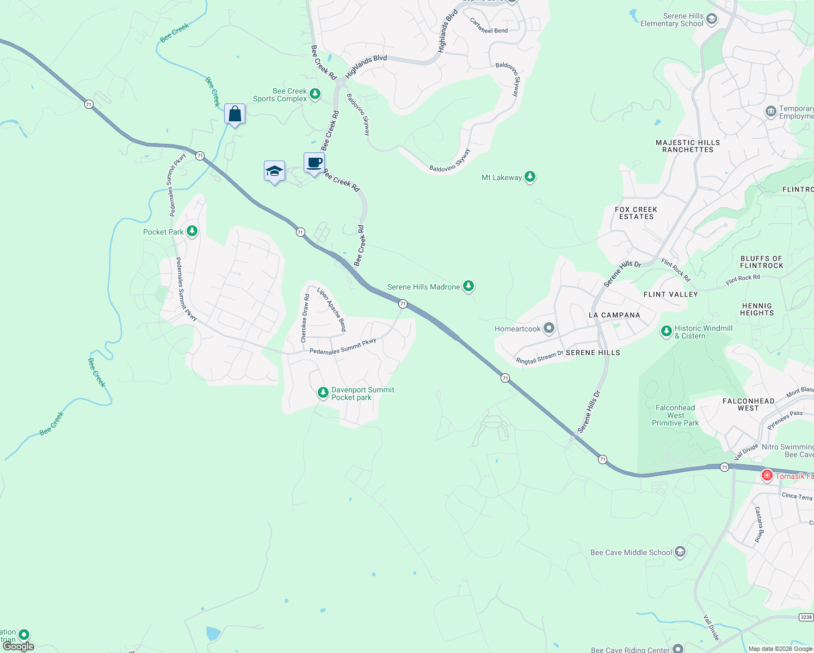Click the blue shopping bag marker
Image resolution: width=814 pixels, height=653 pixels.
[x=235, y=114]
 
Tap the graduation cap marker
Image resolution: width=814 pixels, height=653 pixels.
[x=274, y=171]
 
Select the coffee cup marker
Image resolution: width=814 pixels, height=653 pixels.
[x=314, y=163]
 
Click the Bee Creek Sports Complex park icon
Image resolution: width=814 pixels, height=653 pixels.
[x=314, y=95]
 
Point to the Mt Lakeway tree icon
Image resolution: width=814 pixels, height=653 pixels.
[x=529, y=177]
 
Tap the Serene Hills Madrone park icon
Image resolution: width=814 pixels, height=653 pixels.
[x=468, y=286]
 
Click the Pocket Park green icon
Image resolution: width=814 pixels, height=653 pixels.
[x=192, y=231]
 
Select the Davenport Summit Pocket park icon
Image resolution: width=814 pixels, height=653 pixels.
[x=323, y=392]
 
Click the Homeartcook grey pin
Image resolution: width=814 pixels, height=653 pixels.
[x=549, y=328]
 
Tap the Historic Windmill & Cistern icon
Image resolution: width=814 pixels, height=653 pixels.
[x=666, y=331]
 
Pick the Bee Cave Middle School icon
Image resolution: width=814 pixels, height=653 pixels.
[x=680, y=552]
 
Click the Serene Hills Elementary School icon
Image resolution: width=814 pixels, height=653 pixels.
[x=711, y=20]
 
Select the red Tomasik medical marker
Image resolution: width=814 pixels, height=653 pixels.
[x=767, y=476]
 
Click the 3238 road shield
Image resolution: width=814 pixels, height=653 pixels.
[x=806, y=617]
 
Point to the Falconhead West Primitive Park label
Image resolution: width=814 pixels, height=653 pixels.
[x=675, y=415]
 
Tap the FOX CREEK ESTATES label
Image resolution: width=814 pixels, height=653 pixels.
[x=636, y=213]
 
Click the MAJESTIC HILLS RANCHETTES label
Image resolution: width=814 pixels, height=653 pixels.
[x=687, y=146]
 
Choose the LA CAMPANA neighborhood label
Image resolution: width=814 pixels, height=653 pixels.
[x=614, y=315]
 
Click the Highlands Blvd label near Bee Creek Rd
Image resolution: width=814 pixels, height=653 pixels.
[x=366, y=66]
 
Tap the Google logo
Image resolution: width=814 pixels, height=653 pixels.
[x=18, y=646]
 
